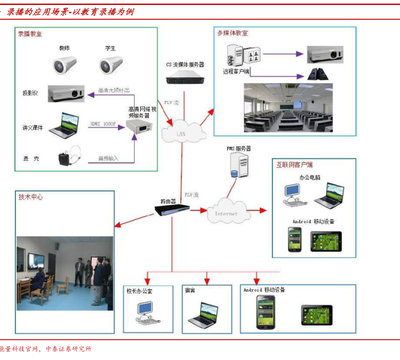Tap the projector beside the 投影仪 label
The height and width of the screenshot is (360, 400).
point(65,93)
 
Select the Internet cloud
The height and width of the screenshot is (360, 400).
point(226,212)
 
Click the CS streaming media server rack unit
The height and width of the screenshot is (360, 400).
point(185,78)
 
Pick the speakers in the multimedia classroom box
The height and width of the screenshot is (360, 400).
point(317,74)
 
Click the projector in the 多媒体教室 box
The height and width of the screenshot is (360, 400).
point(325,54)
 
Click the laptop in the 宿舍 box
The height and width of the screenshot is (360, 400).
point(203,315)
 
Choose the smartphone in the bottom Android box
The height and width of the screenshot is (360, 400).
point(265,313)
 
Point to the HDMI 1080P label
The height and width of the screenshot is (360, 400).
point(104,125)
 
